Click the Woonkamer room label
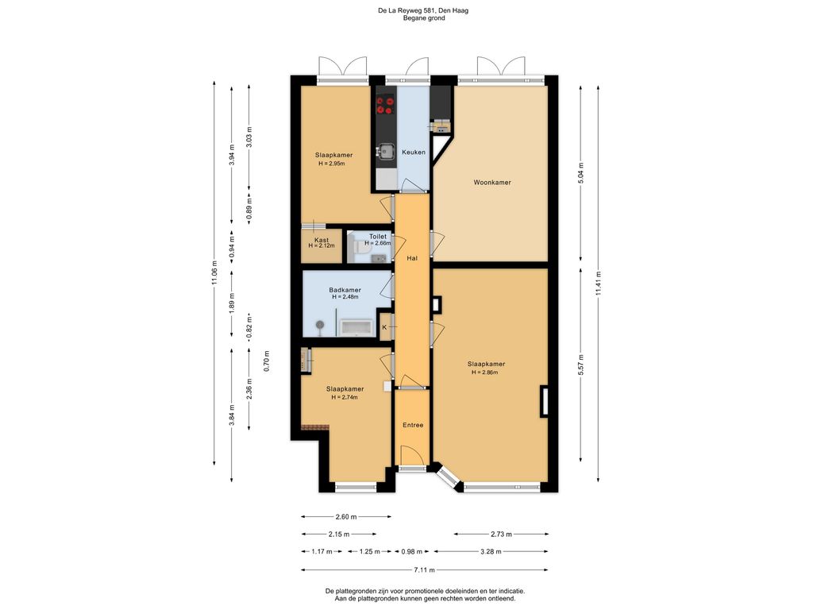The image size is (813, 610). pyautogui.click(x=492, y=183)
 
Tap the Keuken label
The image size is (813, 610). pyautogui.click(x=413, y=152)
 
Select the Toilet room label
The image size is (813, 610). pyautogui.click(x=377, y=237)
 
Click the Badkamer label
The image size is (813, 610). pyautogui.click(x=345, y=291)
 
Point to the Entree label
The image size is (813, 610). pyautogui.click(x=413, y=426)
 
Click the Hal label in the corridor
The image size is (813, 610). pyautogui.click(x=412, y=258)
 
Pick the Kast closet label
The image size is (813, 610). pyautogui.click(x=322, y=240)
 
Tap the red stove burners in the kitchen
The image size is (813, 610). pyautogui.click(x=385, y=105)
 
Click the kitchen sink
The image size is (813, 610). pyautogui.click(x=384, y=150)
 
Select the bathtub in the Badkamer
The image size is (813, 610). pyautogui.click(x=356, y=327)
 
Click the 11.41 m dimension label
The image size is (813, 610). pyautogui.click(x=599, y=284)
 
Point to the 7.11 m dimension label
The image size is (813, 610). pyautogui.click(x=424, y=570)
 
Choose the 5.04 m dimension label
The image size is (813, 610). pyautogui.click(x=580, y=173)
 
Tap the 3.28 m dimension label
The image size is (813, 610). pyautogui.click(x=491, y=552)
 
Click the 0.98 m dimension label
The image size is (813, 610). pyautogui.click(x=412, y=552)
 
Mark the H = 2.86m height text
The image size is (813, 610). pyautogui.click(x=485, y=373)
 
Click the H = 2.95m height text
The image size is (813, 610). pyautogui.click(x=332, y=164)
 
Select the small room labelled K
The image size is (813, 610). pyautogui.click(x=385, y=327)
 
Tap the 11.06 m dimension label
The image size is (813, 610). pyautogui.click(x=214, y=273)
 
